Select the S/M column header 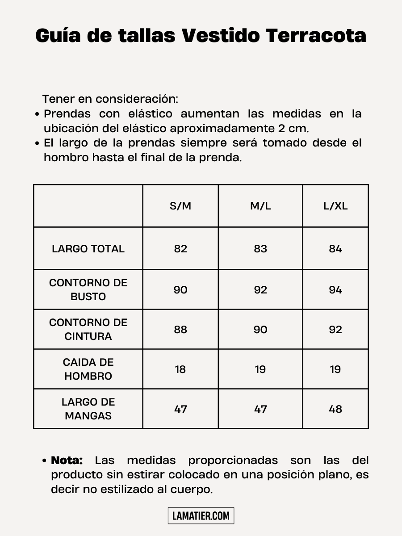pos(180,206)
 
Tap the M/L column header pos(260,206)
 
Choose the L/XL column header pos(335,206)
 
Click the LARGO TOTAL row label pos(88,249)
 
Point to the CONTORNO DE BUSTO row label pos(88,289)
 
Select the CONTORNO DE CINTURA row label pos(88,329)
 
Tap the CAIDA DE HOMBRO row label pos(88,369)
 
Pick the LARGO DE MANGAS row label pos(88,409)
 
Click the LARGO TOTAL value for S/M pos(180,249)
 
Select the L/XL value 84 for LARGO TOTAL pos(335,249)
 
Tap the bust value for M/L pos(260,290)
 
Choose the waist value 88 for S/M pos(180,330)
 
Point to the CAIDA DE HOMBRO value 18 pos(180,369)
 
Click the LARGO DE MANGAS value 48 pos(335,409)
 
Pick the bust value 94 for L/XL pos(335,290)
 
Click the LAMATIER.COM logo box pos(201,516)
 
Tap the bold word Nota pos(67,460)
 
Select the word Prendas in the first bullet pos(67,113)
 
